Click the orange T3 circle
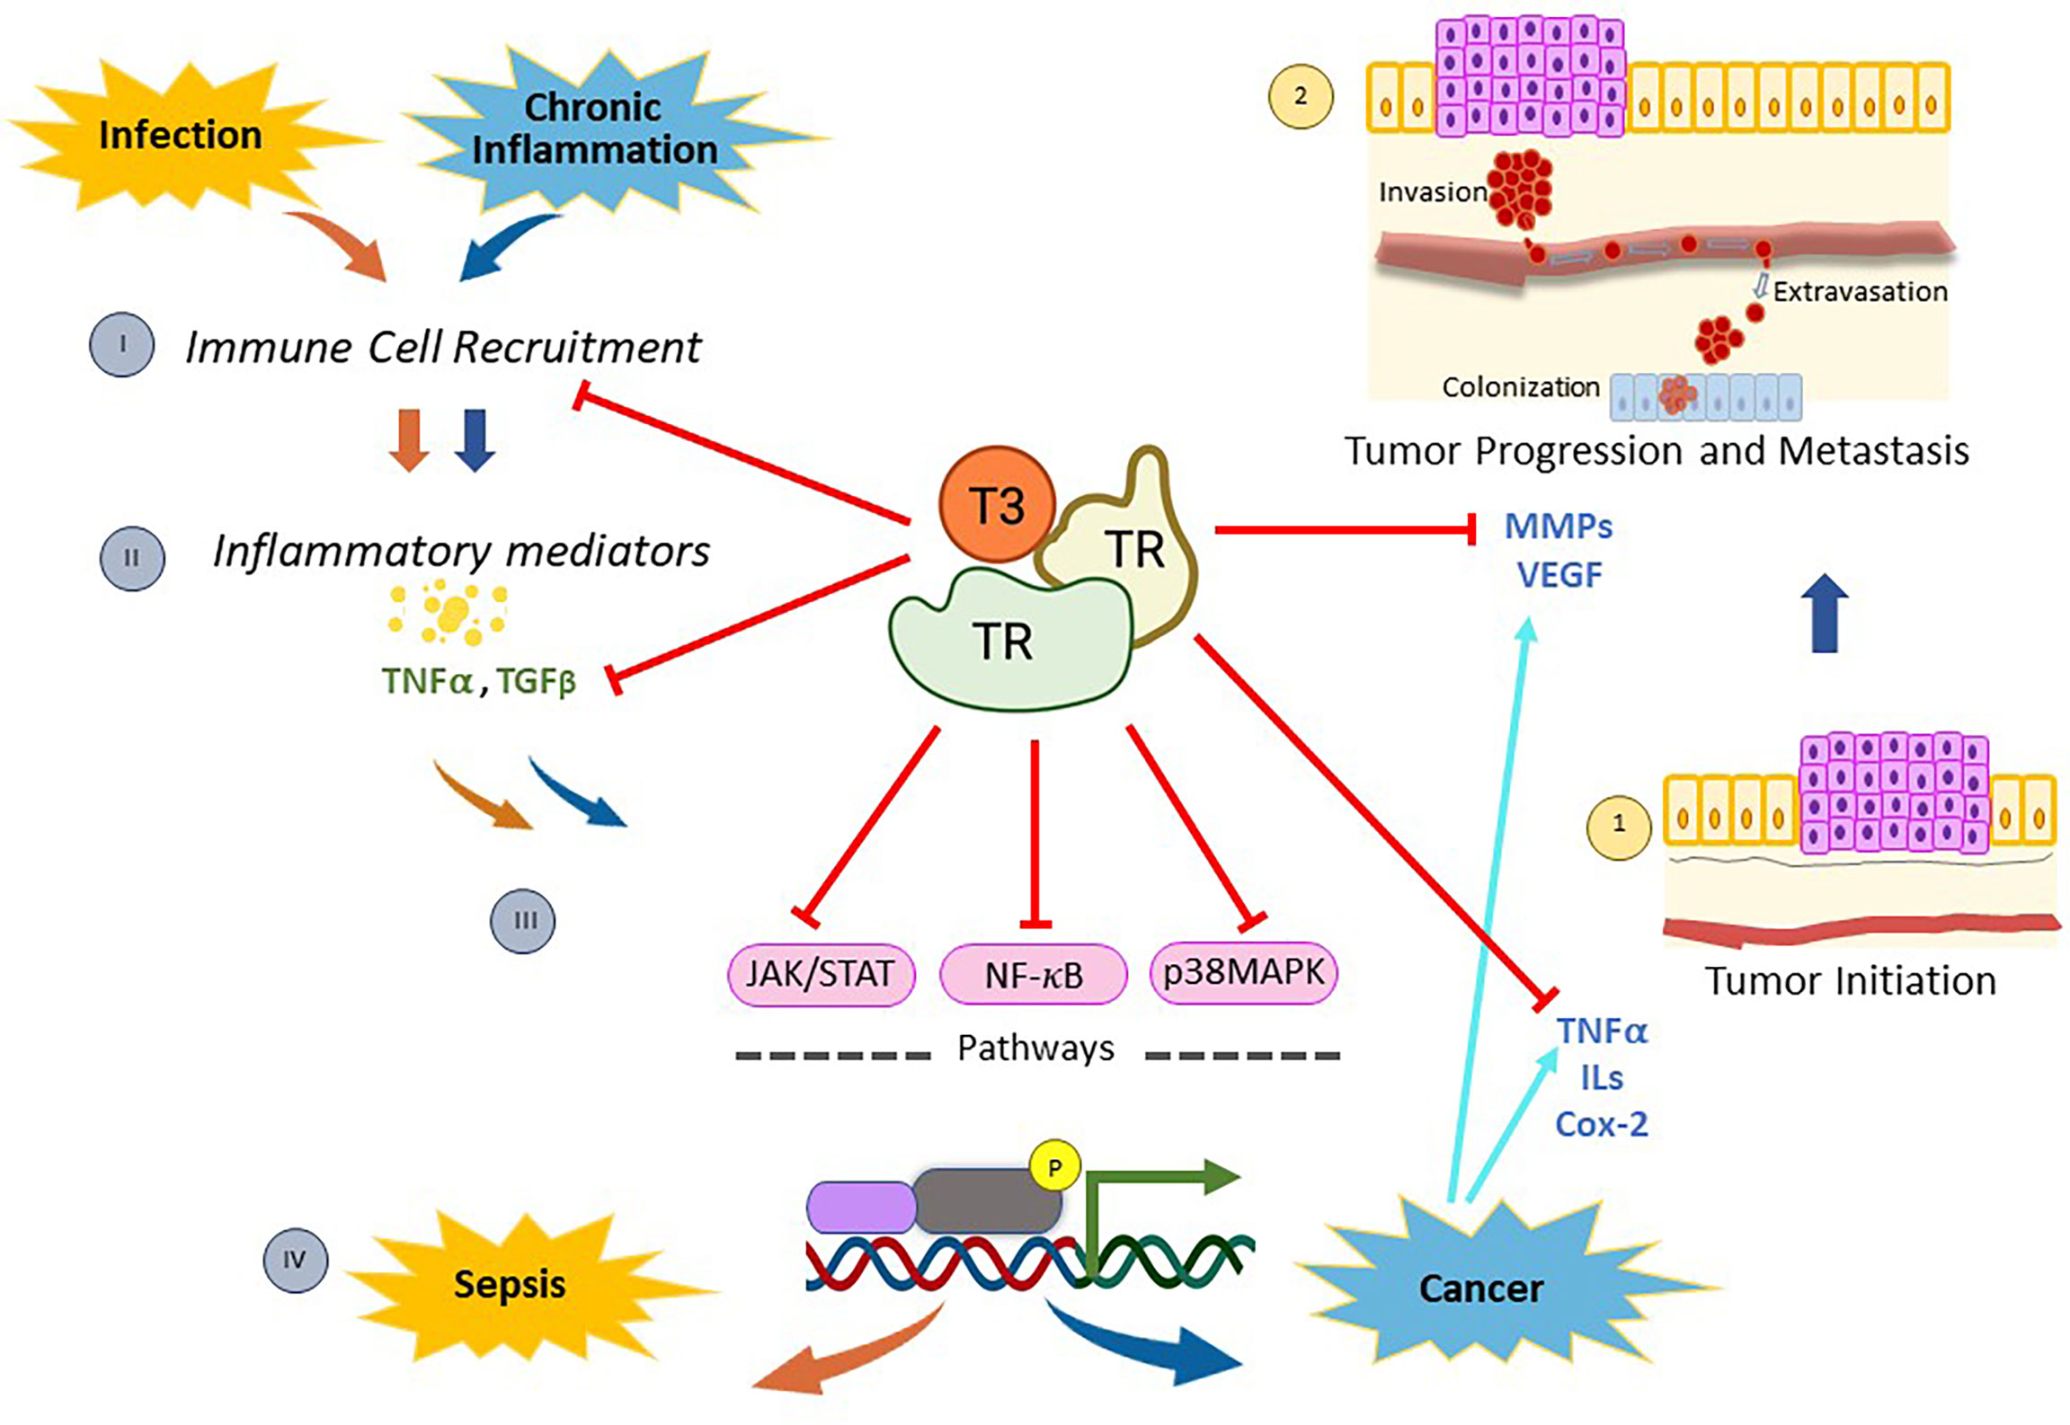click(996, 505)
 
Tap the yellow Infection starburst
click(180, 135)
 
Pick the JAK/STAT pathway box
click(820, 974)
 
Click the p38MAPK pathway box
click(1243, 972)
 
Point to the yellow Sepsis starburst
click(510, 1284)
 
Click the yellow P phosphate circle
click(1054, 1167)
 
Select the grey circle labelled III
click(522, 921)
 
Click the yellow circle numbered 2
click(1300, 96)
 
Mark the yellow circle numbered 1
click(1618, 824)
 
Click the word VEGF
click(1559, 575)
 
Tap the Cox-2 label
click(1601, 1125)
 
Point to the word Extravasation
click(1859, 292)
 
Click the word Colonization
click(1520, 387)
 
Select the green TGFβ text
click(536, 682)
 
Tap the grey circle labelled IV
click(295, 1260)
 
